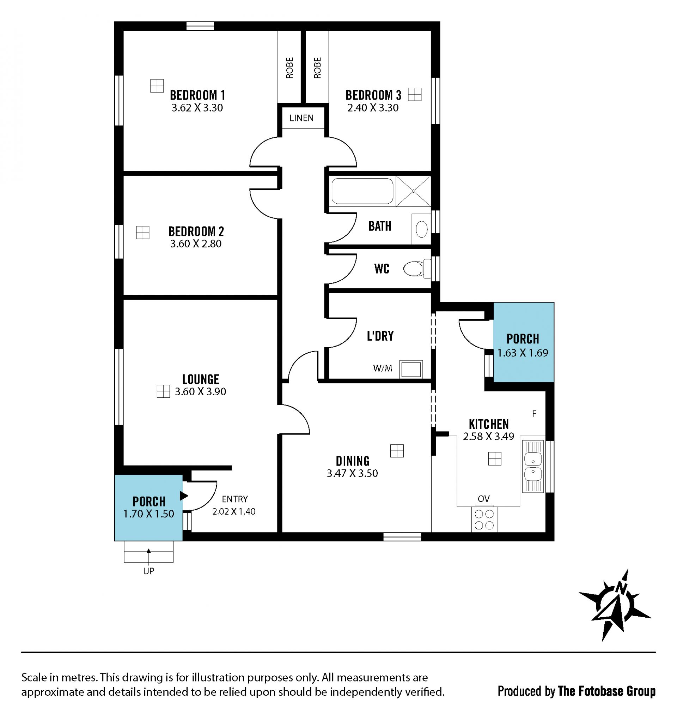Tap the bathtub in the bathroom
tap(362, 191)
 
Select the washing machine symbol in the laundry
tap(411, 370)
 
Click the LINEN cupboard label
tap(301, 118)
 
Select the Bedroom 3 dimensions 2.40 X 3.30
tap(373, 108)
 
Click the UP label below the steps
tap(149, 571)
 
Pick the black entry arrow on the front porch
tap(184, 496)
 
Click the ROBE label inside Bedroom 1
tap(289, 68)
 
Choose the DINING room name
tap(353, 461)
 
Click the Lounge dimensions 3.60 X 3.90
tap(201, 391)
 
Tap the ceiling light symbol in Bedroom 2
tap(142, 232)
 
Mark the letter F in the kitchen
tap(534, 414)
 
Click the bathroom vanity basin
tap(422, 229)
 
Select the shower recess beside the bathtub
tap(413, 191)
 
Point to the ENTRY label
tap(235, 499)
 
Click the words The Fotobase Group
tap(606, 691)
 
